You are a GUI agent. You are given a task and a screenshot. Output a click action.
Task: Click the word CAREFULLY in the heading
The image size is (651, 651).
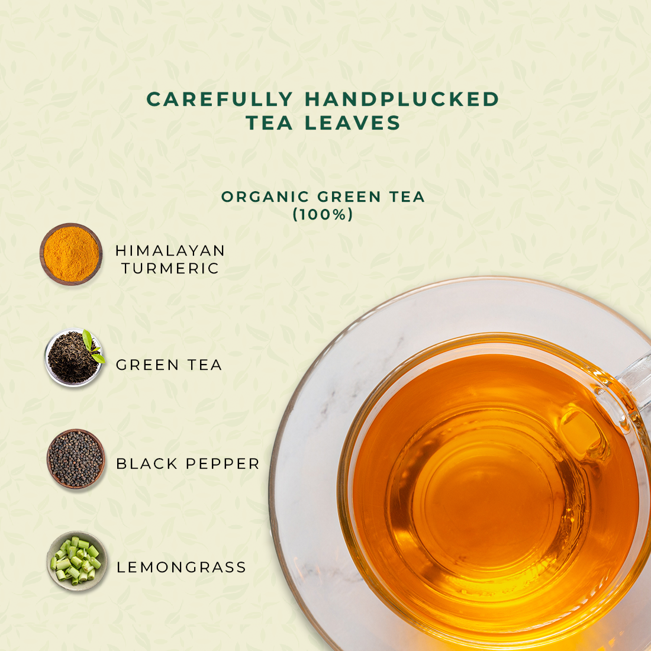coord(220,99)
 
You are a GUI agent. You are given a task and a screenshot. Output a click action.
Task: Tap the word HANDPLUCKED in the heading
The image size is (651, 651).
coord(402,99)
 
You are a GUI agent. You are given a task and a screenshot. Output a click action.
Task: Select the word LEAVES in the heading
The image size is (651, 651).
coord(353,123)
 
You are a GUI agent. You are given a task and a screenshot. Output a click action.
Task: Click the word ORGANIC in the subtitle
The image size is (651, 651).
coord(265,197)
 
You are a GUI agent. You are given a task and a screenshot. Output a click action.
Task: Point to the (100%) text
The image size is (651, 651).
coord(323,214)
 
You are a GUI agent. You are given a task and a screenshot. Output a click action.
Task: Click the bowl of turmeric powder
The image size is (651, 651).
coord(71,254)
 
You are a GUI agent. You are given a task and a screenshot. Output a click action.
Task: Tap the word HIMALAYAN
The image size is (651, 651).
coord(170,251)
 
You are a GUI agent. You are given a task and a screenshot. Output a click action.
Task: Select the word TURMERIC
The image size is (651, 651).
coord(170,269)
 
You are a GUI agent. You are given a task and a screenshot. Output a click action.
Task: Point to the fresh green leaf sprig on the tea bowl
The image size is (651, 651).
coord(93,346)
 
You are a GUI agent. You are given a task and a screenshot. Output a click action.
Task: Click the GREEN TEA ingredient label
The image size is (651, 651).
coord(169,365)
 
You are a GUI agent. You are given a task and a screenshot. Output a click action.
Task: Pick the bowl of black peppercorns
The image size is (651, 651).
coord(76,459)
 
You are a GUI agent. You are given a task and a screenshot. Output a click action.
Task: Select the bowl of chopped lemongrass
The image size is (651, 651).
coord(77,561)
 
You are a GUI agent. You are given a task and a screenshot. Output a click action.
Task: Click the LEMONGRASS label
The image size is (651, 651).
coord(182,567)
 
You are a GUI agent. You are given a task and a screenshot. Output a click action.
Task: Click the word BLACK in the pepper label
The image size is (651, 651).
coord(147,464)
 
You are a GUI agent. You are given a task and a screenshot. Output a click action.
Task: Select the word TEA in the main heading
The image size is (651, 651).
coord(269,123)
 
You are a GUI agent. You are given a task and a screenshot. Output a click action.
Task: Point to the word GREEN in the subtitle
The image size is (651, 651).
coord(349,197)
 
